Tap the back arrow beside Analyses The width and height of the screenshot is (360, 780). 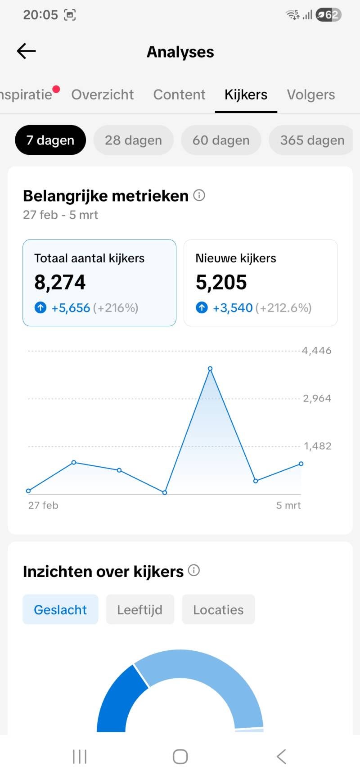click(26, 51)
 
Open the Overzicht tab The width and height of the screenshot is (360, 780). click(102, 95)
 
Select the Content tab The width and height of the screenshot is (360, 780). click(179, 95)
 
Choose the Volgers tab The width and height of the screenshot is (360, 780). click(311, 95)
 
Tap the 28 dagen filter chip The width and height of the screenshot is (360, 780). click(133, 140)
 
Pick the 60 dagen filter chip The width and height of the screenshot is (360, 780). click(221, 140)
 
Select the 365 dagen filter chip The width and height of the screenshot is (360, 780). click(312, 140)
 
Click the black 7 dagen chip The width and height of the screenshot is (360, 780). click(50, 140)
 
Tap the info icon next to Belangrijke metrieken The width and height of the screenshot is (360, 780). click(199, 195)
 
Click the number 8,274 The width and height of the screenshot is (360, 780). click(60, 283)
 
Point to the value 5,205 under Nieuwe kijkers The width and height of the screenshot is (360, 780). click(221, 283)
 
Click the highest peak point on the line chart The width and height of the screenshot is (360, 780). click(210, 369)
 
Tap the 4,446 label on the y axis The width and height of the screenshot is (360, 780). click(317, 351)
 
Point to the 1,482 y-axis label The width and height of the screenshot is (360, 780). click(317, 446)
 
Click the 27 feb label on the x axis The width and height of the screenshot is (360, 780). click(43, 505)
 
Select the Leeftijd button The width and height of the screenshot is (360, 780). click(140, 609)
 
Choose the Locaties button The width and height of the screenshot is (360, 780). click(218, 609)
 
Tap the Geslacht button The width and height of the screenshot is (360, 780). click(60, 609)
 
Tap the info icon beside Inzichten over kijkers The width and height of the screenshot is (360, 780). click(194, 571)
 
